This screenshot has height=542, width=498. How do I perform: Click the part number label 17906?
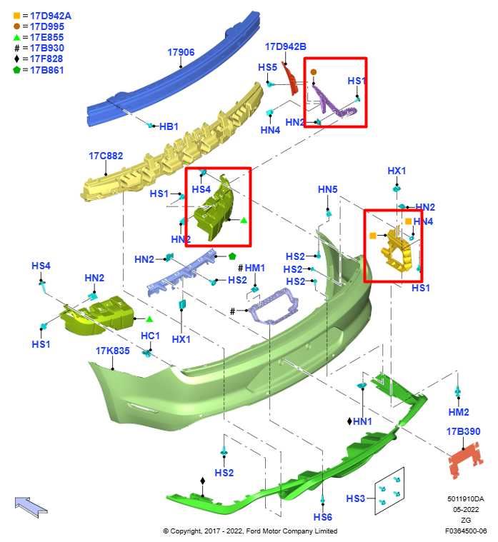tap(181, 52)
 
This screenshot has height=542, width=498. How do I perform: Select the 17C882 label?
tap(106, 156)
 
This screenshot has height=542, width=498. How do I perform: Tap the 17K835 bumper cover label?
tap(113, 351)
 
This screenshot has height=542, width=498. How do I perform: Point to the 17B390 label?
tap(464, 431)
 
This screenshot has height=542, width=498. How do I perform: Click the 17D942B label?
tap(286, 46)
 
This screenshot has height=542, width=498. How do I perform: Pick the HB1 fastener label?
tap(169, 126)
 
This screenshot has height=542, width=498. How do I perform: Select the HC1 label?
tap(151, 336)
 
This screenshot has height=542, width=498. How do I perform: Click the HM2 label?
tap(459, 412)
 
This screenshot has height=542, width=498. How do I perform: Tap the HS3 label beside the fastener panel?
tap(356, 498)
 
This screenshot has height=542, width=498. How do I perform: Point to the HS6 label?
tap(323, 517)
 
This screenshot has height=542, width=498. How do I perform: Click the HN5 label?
tap(327, 189)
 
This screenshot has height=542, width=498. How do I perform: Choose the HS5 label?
tap(268, 67)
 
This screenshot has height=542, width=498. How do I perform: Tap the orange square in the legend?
tap(16, 16)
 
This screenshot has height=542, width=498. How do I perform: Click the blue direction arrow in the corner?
tap(31, 506)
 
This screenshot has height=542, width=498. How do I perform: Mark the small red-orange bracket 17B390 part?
tap(466, 460)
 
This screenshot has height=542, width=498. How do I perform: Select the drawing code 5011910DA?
tap(466, 498)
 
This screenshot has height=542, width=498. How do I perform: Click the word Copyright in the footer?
tap(186, 531)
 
